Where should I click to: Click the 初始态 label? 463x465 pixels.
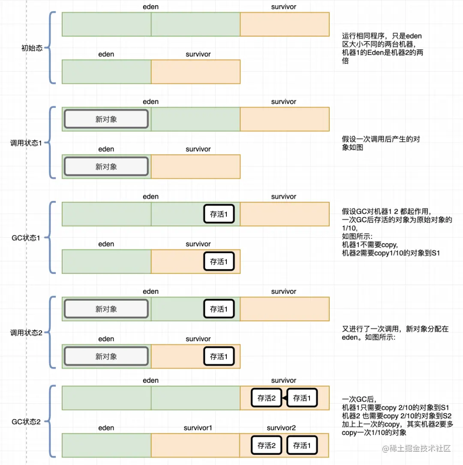(32, 48)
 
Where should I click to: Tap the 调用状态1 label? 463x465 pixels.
(26, 143)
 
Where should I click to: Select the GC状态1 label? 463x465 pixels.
(26, 238)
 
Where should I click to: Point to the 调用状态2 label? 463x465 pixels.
(26, 333)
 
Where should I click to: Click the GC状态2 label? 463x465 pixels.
(26, 422)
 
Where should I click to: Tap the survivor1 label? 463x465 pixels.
(198, 428)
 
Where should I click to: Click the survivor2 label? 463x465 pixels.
(281, 428)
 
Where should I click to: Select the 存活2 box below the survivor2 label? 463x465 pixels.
(266, 445)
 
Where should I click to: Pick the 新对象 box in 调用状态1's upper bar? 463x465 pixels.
(106, 119)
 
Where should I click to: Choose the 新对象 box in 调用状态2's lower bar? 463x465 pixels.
(106, 356)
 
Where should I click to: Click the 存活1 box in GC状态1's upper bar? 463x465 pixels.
(219, 214)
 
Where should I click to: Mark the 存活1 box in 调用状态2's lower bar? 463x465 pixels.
(219, 356)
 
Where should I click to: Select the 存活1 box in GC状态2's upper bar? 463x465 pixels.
(302, 398)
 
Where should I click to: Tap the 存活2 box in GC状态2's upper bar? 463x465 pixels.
(266, 398)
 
